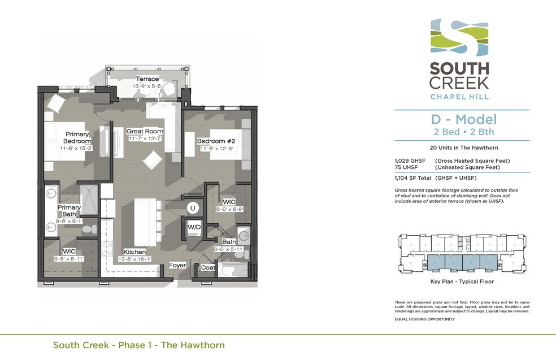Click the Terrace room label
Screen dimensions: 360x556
coord(147,79)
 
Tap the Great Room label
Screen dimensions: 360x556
coord(145,131)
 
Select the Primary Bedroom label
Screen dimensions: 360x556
coord(77,137)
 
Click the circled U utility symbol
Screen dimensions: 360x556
coord(193,208)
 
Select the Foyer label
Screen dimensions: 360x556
coord(177,265)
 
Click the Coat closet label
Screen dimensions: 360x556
coord(208,267)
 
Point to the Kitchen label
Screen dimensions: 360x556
coord(134,251)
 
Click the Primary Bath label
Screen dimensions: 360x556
coord(69,211)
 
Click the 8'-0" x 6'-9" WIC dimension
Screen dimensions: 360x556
coord(229,209)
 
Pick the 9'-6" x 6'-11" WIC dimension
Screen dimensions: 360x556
coord(69,258)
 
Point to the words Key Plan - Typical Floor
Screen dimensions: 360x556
coord(462,281)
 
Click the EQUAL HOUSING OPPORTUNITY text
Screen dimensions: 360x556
coord(424,319)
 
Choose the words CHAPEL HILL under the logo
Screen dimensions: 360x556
coord(459,96)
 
